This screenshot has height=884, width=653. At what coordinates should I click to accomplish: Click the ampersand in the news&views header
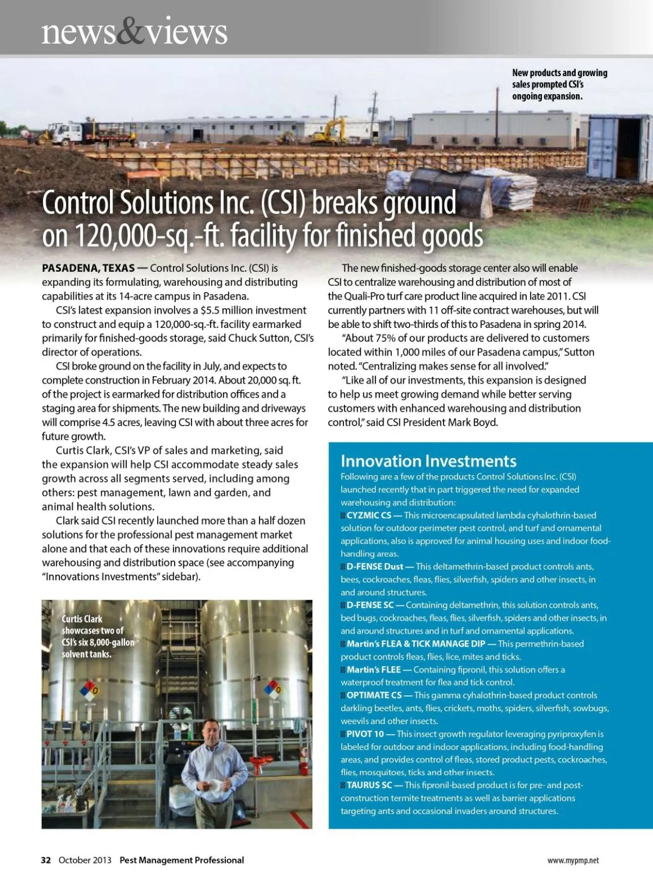(130, 31)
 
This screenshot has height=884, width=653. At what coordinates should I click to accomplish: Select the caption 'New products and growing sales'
(559, 84)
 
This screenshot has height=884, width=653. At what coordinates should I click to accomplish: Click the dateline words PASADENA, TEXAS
(88, 268)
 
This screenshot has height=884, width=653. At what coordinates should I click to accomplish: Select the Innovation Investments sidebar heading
(428, 461)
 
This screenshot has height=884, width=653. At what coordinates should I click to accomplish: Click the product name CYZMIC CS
(369, 515)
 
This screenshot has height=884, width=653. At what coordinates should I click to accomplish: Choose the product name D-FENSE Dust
(375, 566)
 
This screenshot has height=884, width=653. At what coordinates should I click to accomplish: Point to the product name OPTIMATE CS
(374, 695)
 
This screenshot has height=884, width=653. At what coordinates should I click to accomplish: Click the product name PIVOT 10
(365, 734)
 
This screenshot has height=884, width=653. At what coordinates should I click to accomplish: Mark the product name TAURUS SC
(369, 785)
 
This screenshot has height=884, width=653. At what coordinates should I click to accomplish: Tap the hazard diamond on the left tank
(89, 690)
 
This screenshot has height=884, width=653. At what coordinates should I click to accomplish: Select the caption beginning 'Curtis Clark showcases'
(97, 637)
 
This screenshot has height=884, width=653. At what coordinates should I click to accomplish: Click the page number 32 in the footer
(46, 860)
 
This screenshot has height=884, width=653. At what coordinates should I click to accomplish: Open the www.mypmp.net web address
(572, 861)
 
